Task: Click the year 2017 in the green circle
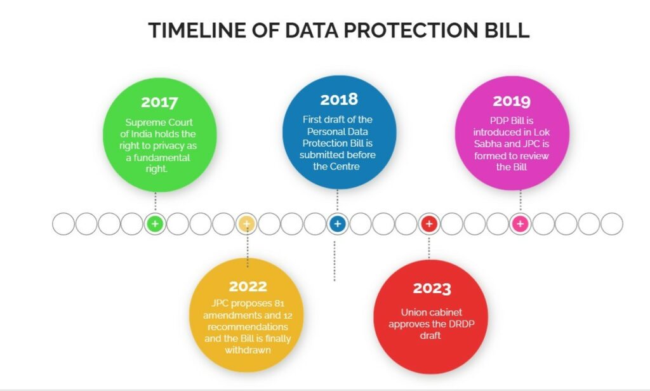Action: (159, 102)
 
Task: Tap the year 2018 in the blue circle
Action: (339, 99)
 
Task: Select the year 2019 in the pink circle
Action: (512, 101)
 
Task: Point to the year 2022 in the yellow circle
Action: (248, 286)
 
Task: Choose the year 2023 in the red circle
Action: (432, 288)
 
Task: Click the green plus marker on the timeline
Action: (155, 224)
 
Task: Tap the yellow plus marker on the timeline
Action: (247, 224)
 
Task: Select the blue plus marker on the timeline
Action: (338, 224)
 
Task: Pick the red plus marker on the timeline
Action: (429, 224)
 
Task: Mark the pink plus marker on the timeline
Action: (521, 224)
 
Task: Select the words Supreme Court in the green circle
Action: (159, 123)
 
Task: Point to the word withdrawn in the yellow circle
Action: (248, 350)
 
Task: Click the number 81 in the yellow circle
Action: (279, 303)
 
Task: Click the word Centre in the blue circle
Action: (345, 167)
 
